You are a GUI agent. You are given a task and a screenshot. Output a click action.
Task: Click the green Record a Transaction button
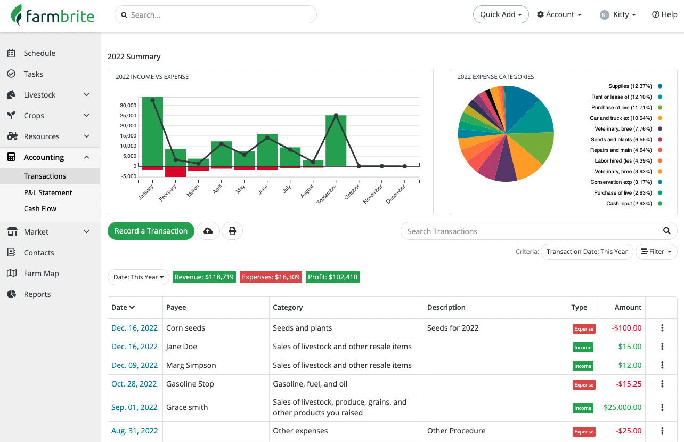pos(151,231)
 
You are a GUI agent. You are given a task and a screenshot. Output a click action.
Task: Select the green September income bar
pos(336,141)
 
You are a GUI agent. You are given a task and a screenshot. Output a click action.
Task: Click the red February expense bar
pos(175,172)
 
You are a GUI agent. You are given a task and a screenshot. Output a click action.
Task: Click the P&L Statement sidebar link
pos(48,192)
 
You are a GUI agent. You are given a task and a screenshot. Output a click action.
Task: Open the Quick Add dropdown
pos(501,14)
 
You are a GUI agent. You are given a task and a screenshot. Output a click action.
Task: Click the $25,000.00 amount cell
pos(622,407)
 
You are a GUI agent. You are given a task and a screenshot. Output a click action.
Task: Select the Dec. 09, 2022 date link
pos(134,365)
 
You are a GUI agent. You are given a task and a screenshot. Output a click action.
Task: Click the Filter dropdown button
pos(656,252)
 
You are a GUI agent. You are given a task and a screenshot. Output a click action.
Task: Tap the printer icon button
pos(232,231)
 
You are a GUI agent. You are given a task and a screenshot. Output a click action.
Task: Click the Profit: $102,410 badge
pos(332,277)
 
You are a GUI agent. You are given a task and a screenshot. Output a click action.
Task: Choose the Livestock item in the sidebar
pos(40,95)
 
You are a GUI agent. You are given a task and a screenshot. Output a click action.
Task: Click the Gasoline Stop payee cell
pos(190,384)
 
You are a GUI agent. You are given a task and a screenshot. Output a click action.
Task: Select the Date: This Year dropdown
pos(139,277)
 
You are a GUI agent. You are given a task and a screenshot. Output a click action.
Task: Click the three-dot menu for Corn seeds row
pos(662,328)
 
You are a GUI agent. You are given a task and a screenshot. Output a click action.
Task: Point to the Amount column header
pos(628,307)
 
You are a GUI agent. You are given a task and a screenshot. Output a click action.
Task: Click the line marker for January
pos(153,100)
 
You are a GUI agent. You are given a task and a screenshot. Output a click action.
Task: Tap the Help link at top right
pos(664,14)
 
